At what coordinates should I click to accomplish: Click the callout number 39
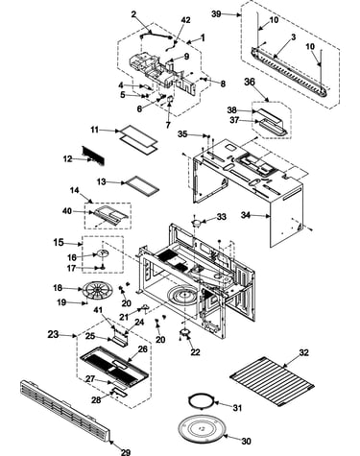pos(217,14)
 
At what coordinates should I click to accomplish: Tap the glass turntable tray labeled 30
pos(201,429)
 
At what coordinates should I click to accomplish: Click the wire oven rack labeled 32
pos(272,381)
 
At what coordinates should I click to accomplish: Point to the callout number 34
pos(246,215)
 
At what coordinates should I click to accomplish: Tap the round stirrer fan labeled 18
pos(97,291)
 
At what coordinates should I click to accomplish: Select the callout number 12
pos(67,158)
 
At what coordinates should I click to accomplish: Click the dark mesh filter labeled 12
pos(93,156)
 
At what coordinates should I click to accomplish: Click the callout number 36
pos(250,82)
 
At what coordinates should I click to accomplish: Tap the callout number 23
pos(53,334)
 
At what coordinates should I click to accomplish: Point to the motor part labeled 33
pos(197,222)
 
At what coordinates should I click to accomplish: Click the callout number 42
pos(185,20)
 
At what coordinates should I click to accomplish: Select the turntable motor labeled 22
pos(185,333)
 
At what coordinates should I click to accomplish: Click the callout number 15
pos(59,242)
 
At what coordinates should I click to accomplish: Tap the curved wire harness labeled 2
pos(156,34)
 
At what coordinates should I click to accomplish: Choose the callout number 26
pos(143,348)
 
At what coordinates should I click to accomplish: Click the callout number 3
pos(294,37)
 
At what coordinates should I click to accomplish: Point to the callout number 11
pos(95,130)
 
